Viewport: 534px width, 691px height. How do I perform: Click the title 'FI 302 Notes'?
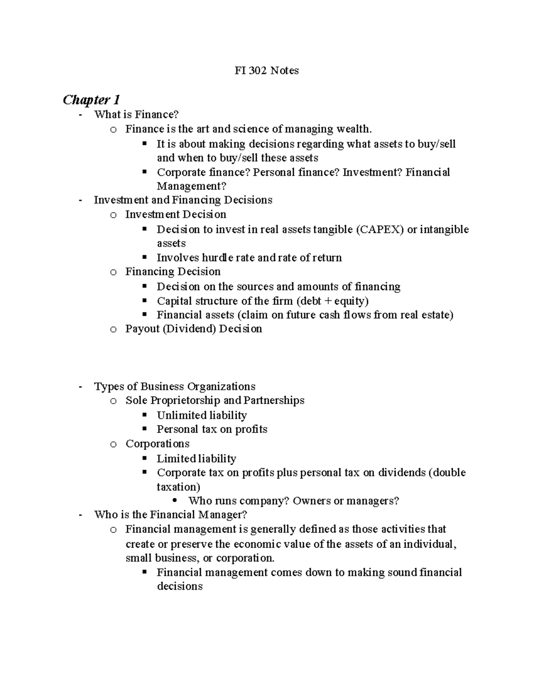coord(267,70)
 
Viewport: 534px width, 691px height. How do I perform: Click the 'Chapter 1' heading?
coord(91,99)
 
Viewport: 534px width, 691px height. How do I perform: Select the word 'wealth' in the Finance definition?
coord(354,129)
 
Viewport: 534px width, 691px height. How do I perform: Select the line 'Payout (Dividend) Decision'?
coord(194,329)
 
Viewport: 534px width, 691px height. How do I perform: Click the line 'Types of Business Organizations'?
coord(174,386)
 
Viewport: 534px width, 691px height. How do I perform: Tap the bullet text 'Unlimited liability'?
coord(201,415)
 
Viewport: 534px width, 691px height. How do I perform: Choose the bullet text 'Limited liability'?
coord(196,458)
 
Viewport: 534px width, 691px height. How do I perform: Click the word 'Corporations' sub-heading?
coord(157,444)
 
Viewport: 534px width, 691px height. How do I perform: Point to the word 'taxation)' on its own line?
coord(178,486)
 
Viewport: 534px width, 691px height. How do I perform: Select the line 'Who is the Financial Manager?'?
coord(170,515)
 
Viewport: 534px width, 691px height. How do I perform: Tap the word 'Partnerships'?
coord(275,400)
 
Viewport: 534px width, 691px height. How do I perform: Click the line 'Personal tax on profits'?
coord(212,429)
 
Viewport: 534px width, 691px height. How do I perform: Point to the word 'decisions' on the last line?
coord(179,586)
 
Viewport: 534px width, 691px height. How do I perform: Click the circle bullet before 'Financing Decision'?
coord(113,272)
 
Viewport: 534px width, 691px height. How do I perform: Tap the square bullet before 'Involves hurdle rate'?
coord(144,257)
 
